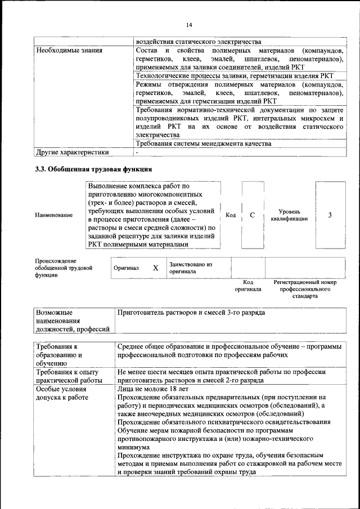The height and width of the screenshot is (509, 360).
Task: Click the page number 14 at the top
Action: click(x=188, y=25)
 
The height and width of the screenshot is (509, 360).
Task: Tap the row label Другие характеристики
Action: click(x=72, y=152)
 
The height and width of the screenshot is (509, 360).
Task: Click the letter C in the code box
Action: click(x=253, y=215)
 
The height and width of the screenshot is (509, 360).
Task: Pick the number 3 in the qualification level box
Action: click(x=330, y=215)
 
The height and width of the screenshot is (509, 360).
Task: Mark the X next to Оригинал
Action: click(x=155, y=268)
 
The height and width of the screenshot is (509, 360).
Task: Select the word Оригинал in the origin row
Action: click(x=126, y=269)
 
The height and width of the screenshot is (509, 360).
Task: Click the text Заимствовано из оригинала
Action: click(x=191, y=267)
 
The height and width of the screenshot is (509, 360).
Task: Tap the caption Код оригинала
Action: click(x=248, y=286)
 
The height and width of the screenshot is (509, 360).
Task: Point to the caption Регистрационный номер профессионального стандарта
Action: click(x=305, y=289)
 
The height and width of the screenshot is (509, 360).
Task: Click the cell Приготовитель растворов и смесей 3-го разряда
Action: click(x=191, y=312)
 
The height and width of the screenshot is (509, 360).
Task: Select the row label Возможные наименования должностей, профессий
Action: click(x=72, y=321)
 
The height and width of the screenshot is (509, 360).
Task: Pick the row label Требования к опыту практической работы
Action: click(x=67, y=376)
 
